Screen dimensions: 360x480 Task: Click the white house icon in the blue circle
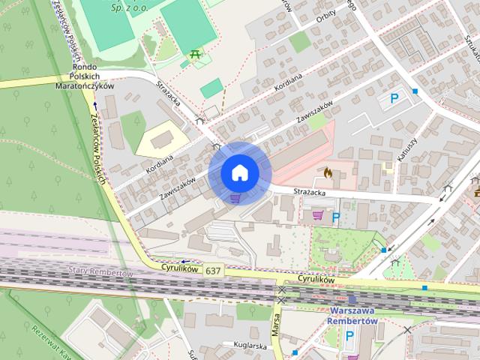point(239,172)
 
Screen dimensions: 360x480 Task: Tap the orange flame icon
point(328,172)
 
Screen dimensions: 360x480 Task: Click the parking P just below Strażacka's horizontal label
point(336,217)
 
